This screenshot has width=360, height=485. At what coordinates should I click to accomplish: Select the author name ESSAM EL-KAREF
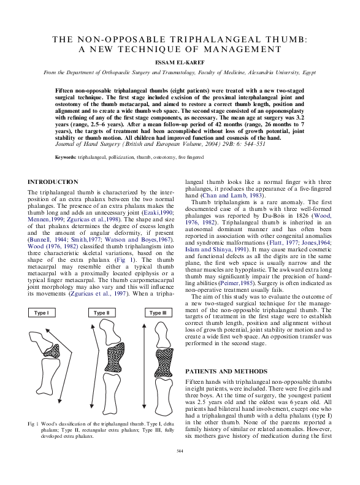coord(180,62)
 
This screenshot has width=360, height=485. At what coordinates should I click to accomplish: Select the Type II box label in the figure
coord(101,313)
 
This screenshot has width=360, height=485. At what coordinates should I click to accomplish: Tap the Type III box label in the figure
coord(157,313)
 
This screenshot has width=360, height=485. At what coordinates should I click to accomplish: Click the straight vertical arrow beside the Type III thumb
coord(144,368)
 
